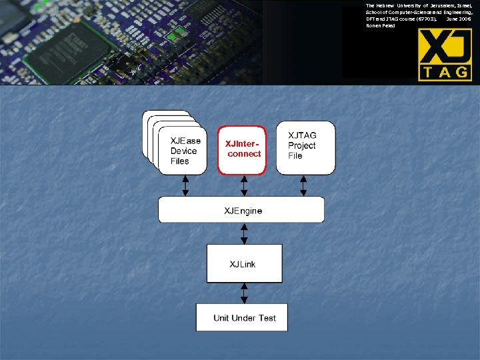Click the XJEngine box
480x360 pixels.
point(241,210)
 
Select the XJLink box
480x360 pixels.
point(244,263)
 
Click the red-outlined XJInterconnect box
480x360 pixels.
point(242,150)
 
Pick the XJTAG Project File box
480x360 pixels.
point(305,147)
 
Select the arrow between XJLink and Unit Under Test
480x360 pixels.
point(244,293)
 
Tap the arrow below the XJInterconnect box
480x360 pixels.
point(244,185)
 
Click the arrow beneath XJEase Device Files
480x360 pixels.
point(186,185)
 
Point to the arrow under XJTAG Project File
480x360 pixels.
point(304,185)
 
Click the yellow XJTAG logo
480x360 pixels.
point(445,55)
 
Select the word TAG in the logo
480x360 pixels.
point(445,72)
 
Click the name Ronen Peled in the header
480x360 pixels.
point(381,26)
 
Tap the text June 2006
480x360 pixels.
point(459,19)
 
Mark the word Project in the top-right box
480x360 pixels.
point(302,146)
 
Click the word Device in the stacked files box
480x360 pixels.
point(184,151)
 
